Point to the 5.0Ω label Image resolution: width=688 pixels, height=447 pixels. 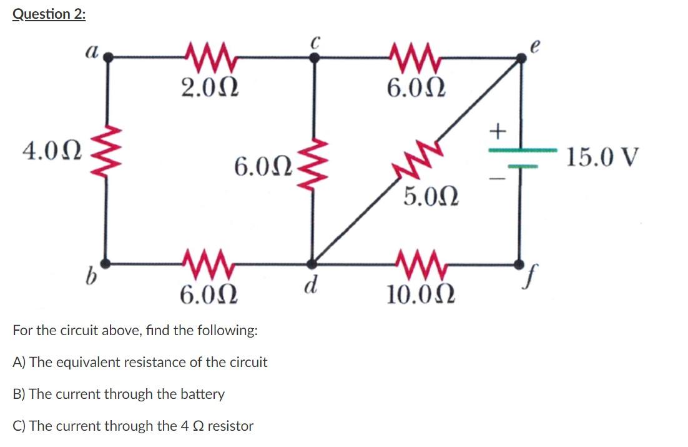(x=431, y=197)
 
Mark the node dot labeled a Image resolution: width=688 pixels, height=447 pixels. (x=108, y=57)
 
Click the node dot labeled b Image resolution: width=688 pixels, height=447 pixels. (x=108, y=263)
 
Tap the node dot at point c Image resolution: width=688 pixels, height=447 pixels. (x=315, y=57)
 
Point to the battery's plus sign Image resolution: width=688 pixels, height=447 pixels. (x=497, y=131)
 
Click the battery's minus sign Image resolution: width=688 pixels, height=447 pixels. (x=496, y=178)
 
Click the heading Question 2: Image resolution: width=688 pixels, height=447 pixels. (x=49, y=14)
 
